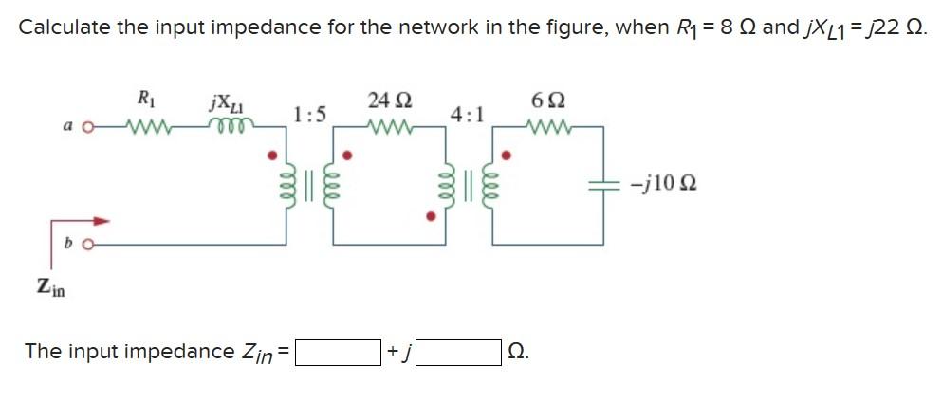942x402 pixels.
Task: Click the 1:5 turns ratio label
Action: [x=310, y=116]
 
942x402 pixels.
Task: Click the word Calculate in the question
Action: [x=64, y=27]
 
